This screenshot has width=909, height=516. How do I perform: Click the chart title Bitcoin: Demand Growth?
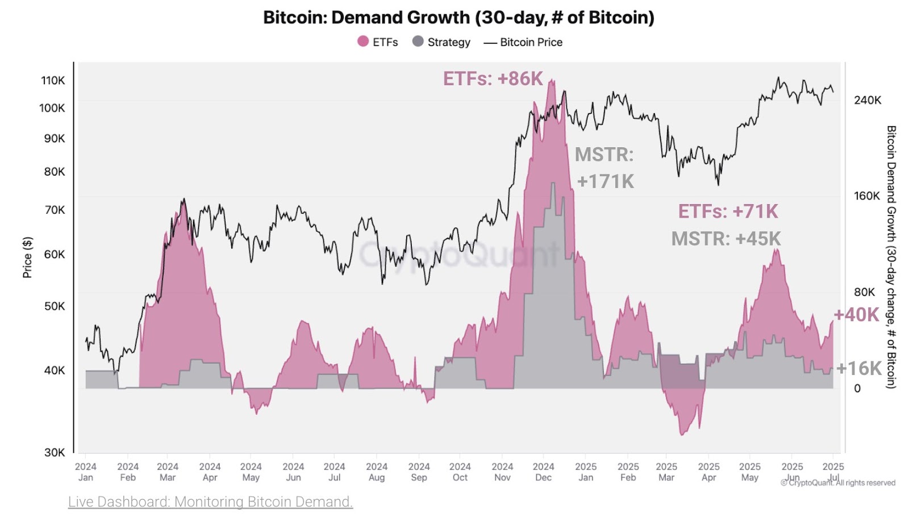[x=458, y=18]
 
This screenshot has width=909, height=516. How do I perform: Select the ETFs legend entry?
[x=378, y=42]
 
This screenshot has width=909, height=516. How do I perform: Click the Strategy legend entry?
[x=441, y=42]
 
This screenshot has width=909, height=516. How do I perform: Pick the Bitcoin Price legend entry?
[x=523, y=42]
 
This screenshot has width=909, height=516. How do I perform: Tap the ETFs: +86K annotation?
[x=493, y=78]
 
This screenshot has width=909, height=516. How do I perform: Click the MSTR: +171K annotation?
[x=604, y=168]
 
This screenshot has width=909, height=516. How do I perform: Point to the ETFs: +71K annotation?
[x=728, y=211]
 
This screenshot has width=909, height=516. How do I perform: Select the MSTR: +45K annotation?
[x=726, y=239]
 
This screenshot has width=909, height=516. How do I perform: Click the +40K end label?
[x=856, y=315]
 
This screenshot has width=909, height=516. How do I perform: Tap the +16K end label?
[x=859, y=368]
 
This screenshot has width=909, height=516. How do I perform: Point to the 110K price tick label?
[x=53, y=81]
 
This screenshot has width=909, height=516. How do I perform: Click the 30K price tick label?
[x=55, y=452]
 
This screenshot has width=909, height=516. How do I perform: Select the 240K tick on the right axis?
[x=868, y=101]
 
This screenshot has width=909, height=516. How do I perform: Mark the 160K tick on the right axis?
[x=866, y=196]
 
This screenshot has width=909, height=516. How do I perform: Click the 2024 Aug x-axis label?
[x=377, y=472]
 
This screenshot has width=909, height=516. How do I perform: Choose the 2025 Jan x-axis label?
[x=586, y=472]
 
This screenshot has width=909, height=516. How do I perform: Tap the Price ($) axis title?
[x=27, y=257]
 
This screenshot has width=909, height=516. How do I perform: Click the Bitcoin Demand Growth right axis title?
[x=891, y=257]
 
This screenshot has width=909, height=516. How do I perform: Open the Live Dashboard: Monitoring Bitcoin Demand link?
[x=210, y=502]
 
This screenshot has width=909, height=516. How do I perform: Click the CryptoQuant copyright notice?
[x=838, y=483]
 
